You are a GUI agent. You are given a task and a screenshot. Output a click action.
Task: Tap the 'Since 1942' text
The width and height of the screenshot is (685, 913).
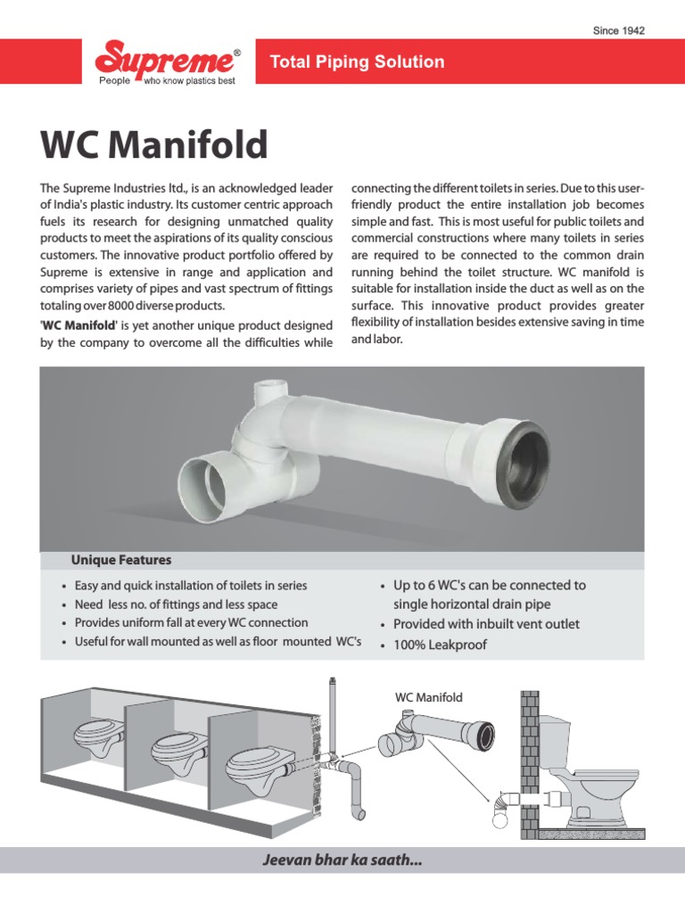click(x=619, y=31)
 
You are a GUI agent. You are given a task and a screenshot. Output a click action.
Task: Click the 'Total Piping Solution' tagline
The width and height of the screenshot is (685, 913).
click(x=357, y=62)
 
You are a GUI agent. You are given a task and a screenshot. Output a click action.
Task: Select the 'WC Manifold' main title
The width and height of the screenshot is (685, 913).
click(x=153, y=145)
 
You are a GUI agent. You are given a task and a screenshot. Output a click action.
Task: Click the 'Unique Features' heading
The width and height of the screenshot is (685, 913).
click(x=121, y=560)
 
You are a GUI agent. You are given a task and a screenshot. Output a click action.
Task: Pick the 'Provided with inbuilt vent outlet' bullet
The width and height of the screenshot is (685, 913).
click(x=486, y=624)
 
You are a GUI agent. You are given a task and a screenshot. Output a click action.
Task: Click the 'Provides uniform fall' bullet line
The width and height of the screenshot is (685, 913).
click(x=191, y=622)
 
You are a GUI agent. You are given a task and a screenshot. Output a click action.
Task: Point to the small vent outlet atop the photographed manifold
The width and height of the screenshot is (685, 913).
click(x=268, y=393)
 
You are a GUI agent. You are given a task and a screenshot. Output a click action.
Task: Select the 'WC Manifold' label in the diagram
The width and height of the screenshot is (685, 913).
click(x=429, y=697)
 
